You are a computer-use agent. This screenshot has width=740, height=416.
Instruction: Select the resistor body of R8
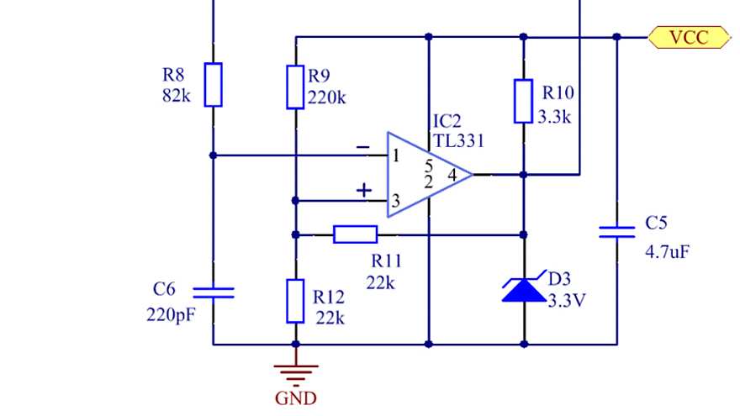coord(214,84)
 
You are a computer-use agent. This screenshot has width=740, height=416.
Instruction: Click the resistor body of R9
coord(295,87)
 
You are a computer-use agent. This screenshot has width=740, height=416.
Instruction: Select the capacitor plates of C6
coord(214,292)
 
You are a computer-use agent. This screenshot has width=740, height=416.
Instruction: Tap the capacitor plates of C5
coord(616,231)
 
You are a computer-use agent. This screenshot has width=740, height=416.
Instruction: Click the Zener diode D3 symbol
coord(523,290)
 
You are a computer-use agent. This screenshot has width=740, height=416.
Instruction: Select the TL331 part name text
coord(458,141)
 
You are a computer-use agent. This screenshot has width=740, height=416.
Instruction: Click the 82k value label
coord(177,96)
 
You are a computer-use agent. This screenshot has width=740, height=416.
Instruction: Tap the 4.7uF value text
coord(668,251)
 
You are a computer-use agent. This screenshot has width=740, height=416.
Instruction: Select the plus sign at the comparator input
coord(363,191)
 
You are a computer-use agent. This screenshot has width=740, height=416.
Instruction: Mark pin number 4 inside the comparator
coord(452,176)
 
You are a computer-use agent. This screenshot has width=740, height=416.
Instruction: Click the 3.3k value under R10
coord(554,117)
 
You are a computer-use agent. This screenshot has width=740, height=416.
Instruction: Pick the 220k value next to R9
coord(327,97)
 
